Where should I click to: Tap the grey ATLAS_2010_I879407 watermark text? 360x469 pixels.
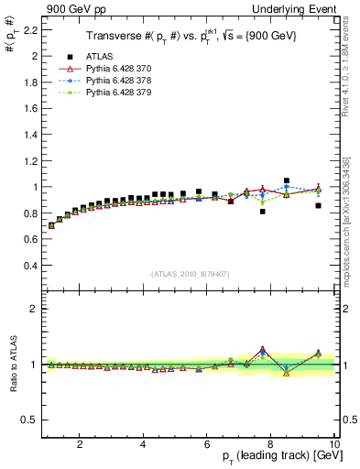(189, 274)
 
